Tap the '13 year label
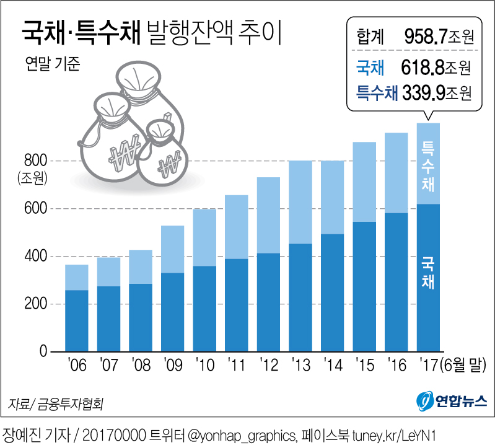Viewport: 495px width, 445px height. tap(300, 366)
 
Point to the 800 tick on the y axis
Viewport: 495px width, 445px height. tap(40, 161)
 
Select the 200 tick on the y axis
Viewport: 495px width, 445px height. tap(40, 304)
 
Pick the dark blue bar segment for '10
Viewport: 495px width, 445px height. tap(204, 309)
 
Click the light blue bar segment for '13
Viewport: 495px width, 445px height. tap(300, 202)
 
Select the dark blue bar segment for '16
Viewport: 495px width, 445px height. tap(396, 282)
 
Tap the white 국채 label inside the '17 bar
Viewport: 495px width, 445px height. tap(427, 273)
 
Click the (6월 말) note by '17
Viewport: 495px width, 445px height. tap(462, 366)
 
